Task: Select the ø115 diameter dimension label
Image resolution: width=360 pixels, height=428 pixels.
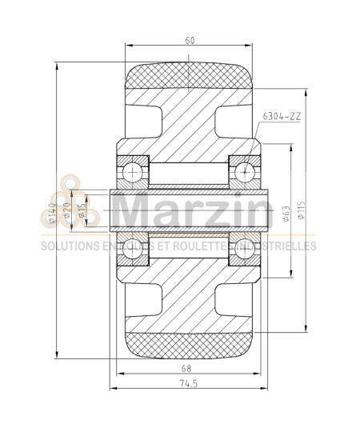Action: click(302, 211)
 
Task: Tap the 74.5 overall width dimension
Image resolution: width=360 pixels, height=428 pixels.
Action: click(189, 383)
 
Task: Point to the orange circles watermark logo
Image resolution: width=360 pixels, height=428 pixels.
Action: click(54, 210)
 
